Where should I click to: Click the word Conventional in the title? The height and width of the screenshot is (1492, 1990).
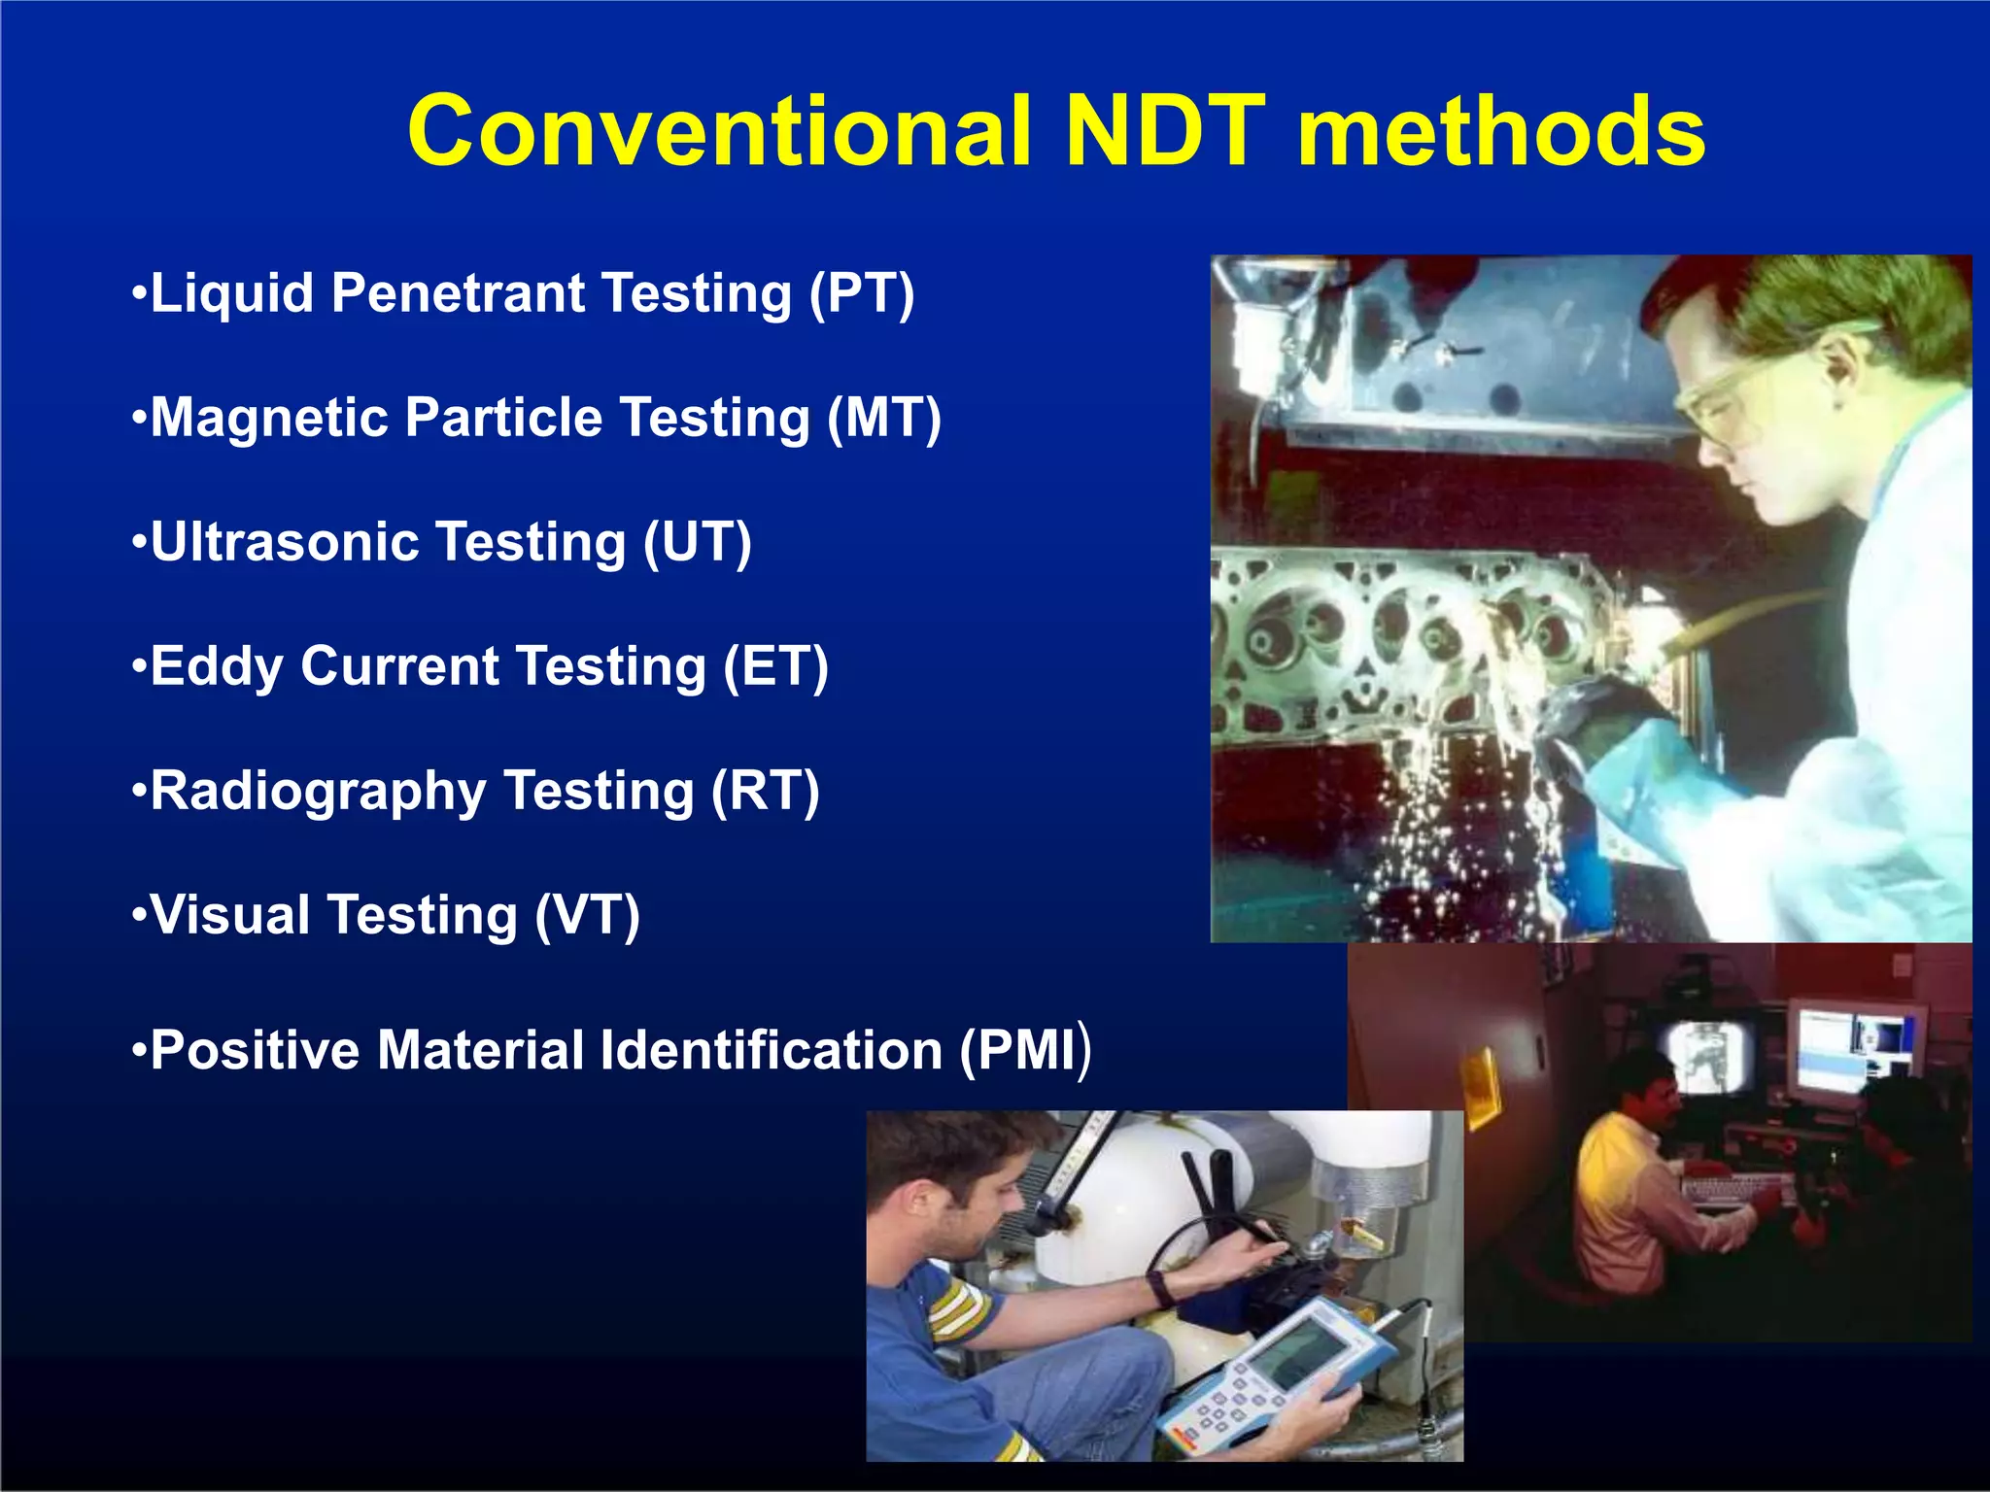click(719, 131)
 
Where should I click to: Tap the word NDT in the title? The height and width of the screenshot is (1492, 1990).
click(1165, 131)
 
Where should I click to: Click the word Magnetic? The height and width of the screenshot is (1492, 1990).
click(268, 418)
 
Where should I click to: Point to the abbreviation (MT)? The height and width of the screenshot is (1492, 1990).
click(884, 418)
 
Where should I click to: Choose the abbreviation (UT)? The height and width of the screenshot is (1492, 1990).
click(698, 542)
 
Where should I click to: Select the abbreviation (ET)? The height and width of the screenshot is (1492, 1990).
click(775, 666)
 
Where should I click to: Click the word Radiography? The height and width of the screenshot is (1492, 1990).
click(317, 791)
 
